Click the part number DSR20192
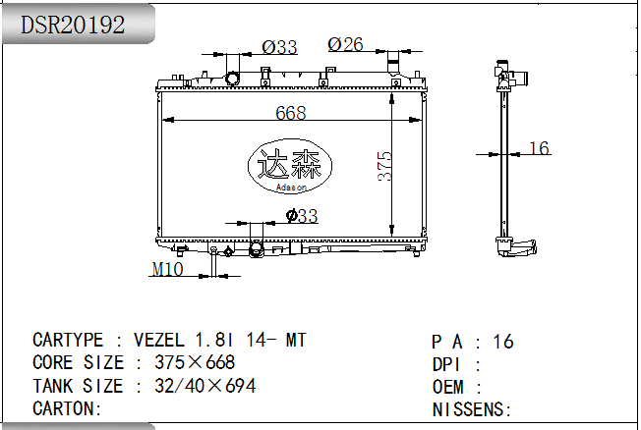click(x=73, y=25)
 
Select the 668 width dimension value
click(x=291, y=113)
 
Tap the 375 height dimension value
click(x=384, y=166)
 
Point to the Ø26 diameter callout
click(x=345, y=44)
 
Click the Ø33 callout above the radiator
click(x=279, y=47)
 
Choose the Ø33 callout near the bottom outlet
click(x=302, y=216)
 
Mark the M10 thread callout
click(x=167, y=269)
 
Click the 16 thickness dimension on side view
click(x=539, y=148)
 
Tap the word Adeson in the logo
click(x=291, y=188)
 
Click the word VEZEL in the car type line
click(x=159, y=340)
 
